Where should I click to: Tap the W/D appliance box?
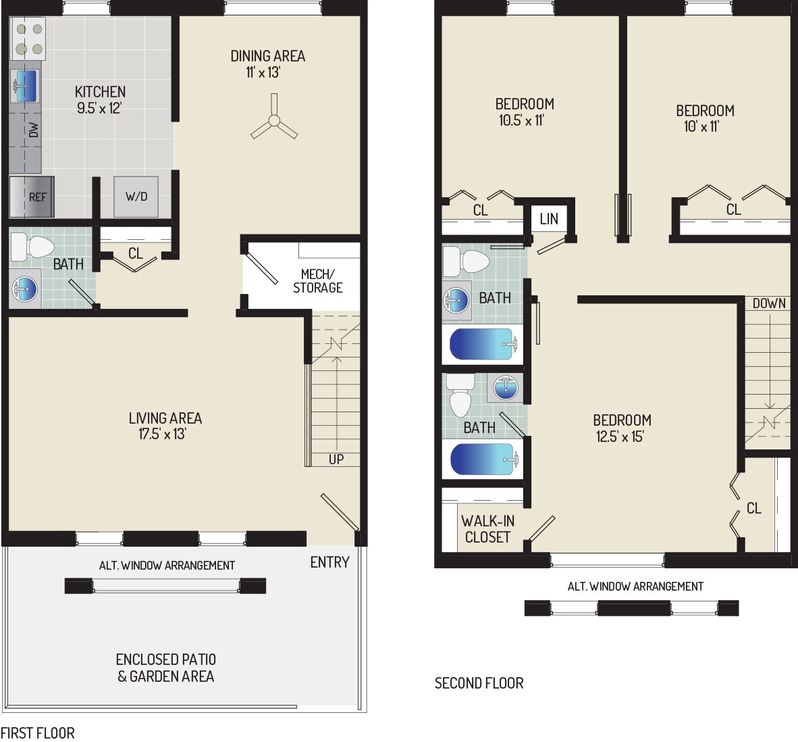pos(136,197)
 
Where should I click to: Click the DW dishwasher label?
pos(33,130)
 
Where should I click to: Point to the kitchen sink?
pos(25,86)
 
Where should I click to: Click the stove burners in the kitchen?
pos(29,39)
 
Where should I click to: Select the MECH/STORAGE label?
pos(317,280)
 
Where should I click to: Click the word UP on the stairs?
pos(336,460)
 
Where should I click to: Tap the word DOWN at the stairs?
pos(769,303)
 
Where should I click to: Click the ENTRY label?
pos(329,562)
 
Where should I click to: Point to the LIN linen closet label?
pos(549,218)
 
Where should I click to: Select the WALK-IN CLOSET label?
pos(487,529)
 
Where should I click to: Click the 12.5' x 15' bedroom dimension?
pos(623,437)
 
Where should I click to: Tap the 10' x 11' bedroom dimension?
pos(700,126)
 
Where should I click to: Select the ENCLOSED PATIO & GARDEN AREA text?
pos(166,668)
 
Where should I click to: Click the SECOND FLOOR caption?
pos(479,683)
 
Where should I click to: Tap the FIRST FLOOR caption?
pos(37,733)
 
